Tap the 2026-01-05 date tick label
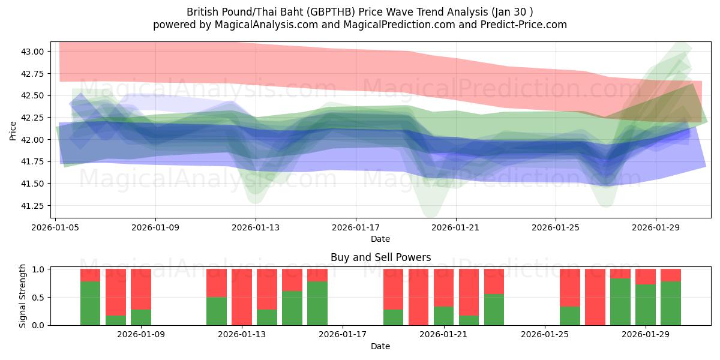click(x=56, y=227)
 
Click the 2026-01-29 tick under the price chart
click(x=655, y=227)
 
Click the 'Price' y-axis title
click(x=13, y=130)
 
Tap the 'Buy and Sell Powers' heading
click(x=380, y=257)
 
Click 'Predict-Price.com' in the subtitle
click(x=516, y=25)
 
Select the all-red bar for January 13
click(x=242, y=297)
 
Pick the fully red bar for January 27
click(x=595, y=297)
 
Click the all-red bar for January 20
click(x=419, y=297)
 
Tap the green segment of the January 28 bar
click(x=620, y=302)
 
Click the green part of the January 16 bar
click(x=317, y=304)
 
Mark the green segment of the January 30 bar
click(x=671, y=304)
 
